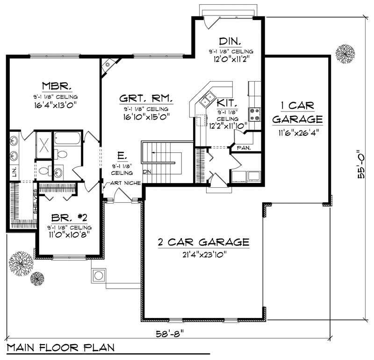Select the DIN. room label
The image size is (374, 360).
tap(230, 42)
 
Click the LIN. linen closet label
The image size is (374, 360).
tap(15, 171)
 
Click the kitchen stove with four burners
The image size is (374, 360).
tap(255, 114)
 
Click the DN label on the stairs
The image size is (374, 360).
tap(147, 171)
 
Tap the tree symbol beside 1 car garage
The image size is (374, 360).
tap(346, 54)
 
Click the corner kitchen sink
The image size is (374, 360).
tap(207, 99)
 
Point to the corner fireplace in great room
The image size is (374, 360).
tap(108, 64)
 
